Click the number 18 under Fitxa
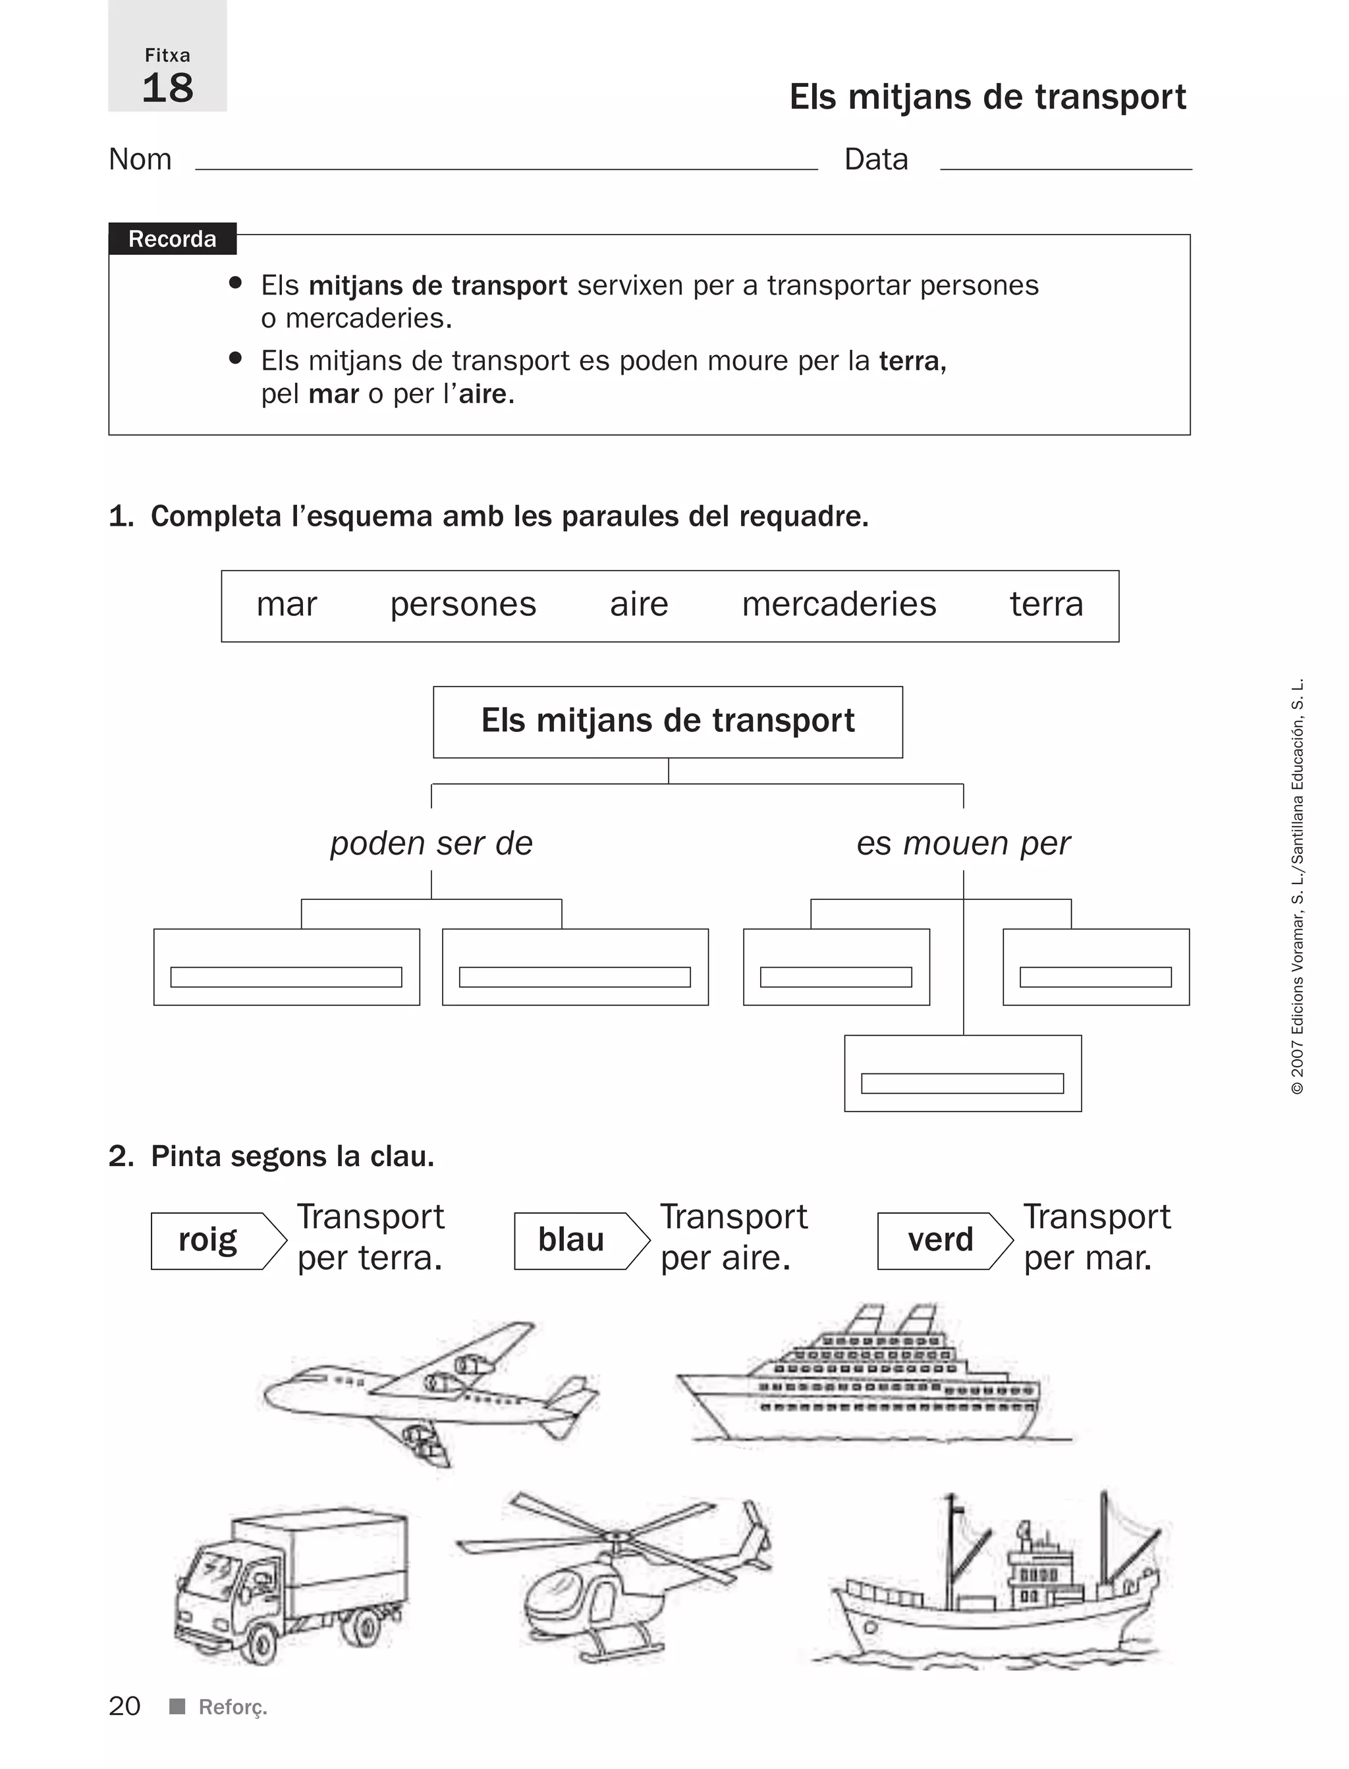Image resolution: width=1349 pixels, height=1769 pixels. pyautogui.click(x=168, y=88)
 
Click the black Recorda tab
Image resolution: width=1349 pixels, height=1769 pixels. pyautogui.click(x=172, y=239)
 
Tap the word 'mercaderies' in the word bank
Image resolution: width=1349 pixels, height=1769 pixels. pyautogui.click(x=839, y=605)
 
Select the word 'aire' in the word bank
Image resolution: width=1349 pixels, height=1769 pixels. pyautogui.click(x=638, y=605)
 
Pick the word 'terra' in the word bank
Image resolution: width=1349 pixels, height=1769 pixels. pyautogui.click(x=1045, y=605)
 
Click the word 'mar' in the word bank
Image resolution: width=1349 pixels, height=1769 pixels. pyautogui.click(x=287, y=605)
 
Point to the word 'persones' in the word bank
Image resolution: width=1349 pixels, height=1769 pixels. pyautogui.click(x=462, y=605)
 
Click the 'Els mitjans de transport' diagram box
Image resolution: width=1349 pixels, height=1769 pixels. pyautogui.click(x=667, y=721)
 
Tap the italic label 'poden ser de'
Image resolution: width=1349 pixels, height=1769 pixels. pyautogui.click(x=431, y=843)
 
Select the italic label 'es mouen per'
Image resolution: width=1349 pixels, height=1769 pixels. pyautogui.click(x=963, y=843)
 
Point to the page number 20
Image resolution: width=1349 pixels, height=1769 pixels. pyautogui.click(x=124, y=1706)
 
